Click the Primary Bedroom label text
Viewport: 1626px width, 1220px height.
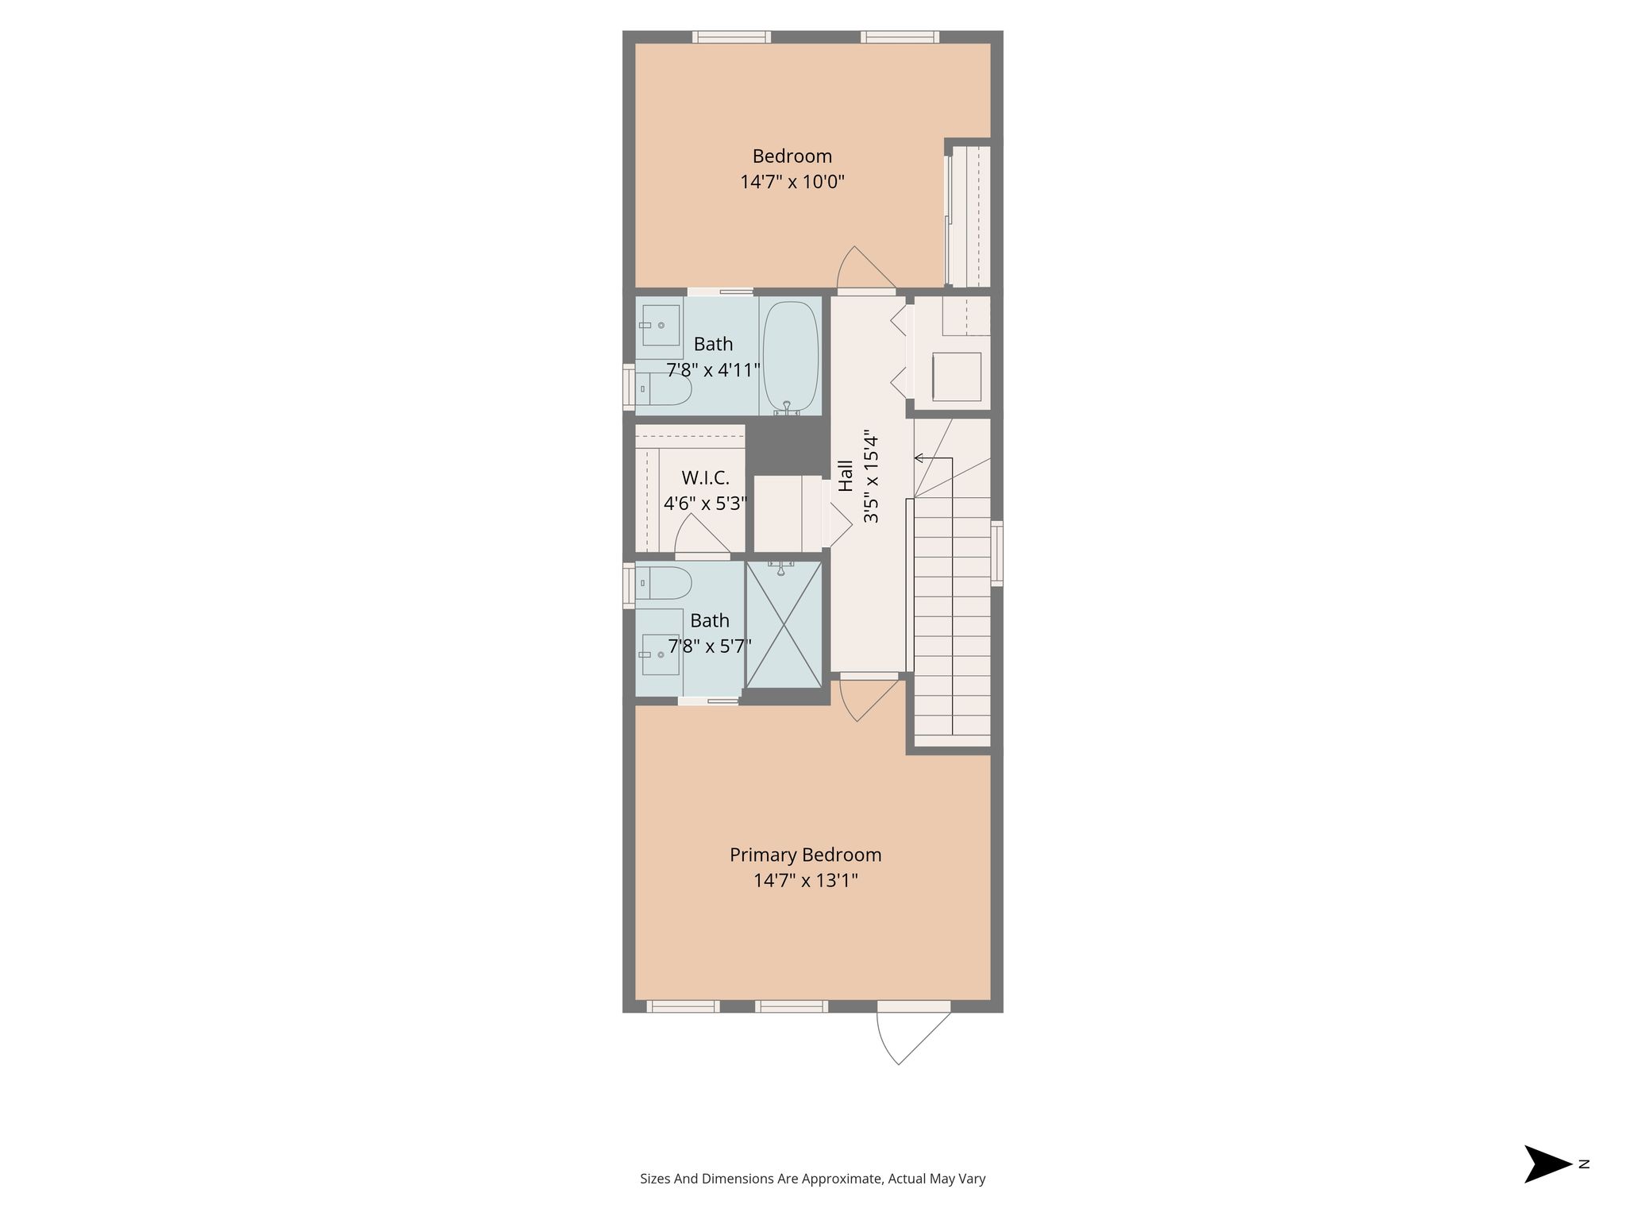pyautogui.click(x=805, y=855)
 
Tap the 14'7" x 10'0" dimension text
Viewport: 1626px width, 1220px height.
pyautogui.click(x=792, y=182)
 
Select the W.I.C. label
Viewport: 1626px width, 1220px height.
pyautogui.click(x=706, y=478)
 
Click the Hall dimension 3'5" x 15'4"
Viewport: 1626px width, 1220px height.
pyautogui.click(x=871, y=477)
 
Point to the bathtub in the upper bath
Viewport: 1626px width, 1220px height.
pyautogui.click(x=791, y=357)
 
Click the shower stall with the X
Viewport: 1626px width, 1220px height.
pyautogui.click(x=784, y=624)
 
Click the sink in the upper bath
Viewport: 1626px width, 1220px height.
pyautogui.click(x=661, y=325)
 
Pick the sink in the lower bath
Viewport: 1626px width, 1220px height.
pyautogui.click(x=661, y=654)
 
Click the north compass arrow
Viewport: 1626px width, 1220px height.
pyautogui.click(x=1547, y=1164)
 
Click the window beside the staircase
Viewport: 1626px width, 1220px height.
pyautogui.click(x=997, y=554)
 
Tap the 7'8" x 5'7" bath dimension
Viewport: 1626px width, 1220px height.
pyautogui.click(x=710, y=647)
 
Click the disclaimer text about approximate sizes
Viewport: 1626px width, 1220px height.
pyautogui.click(x=813, y=1179)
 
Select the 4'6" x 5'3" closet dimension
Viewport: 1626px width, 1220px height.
pyautogui.click(x=706, y=504)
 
